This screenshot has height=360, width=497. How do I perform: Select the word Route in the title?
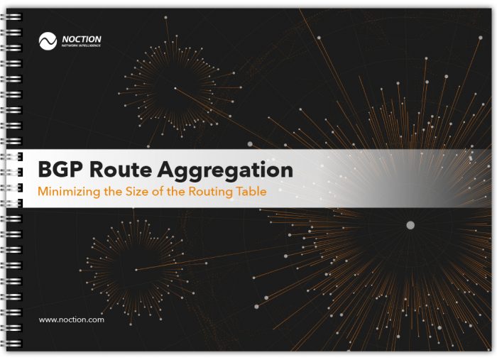[121, 170]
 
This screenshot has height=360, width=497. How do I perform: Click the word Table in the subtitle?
[251, 191]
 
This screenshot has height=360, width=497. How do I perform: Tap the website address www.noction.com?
[71, 320]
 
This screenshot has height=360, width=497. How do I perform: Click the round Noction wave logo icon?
[48, 41]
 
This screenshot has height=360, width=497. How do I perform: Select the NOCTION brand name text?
[82, 39]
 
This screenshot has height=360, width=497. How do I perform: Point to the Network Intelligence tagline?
[81, 45]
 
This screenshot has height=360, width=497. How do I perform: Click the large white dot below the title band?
[410, 225]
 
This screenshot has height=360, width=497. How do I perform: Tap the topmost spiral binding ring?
[11, 17]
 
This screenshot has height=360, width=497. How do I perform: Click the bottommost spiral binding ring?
[11, 344]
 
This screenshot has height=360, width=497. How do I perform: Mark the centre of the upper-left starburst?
[175, 88]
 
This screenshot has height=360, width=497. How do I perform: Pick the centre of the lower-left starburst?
[136, 270]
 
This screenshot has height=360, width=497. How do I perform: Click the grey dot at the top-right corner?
[481, 38]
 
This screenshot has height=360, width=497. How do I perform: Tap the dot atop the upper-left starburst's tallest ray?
[165, 18]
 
